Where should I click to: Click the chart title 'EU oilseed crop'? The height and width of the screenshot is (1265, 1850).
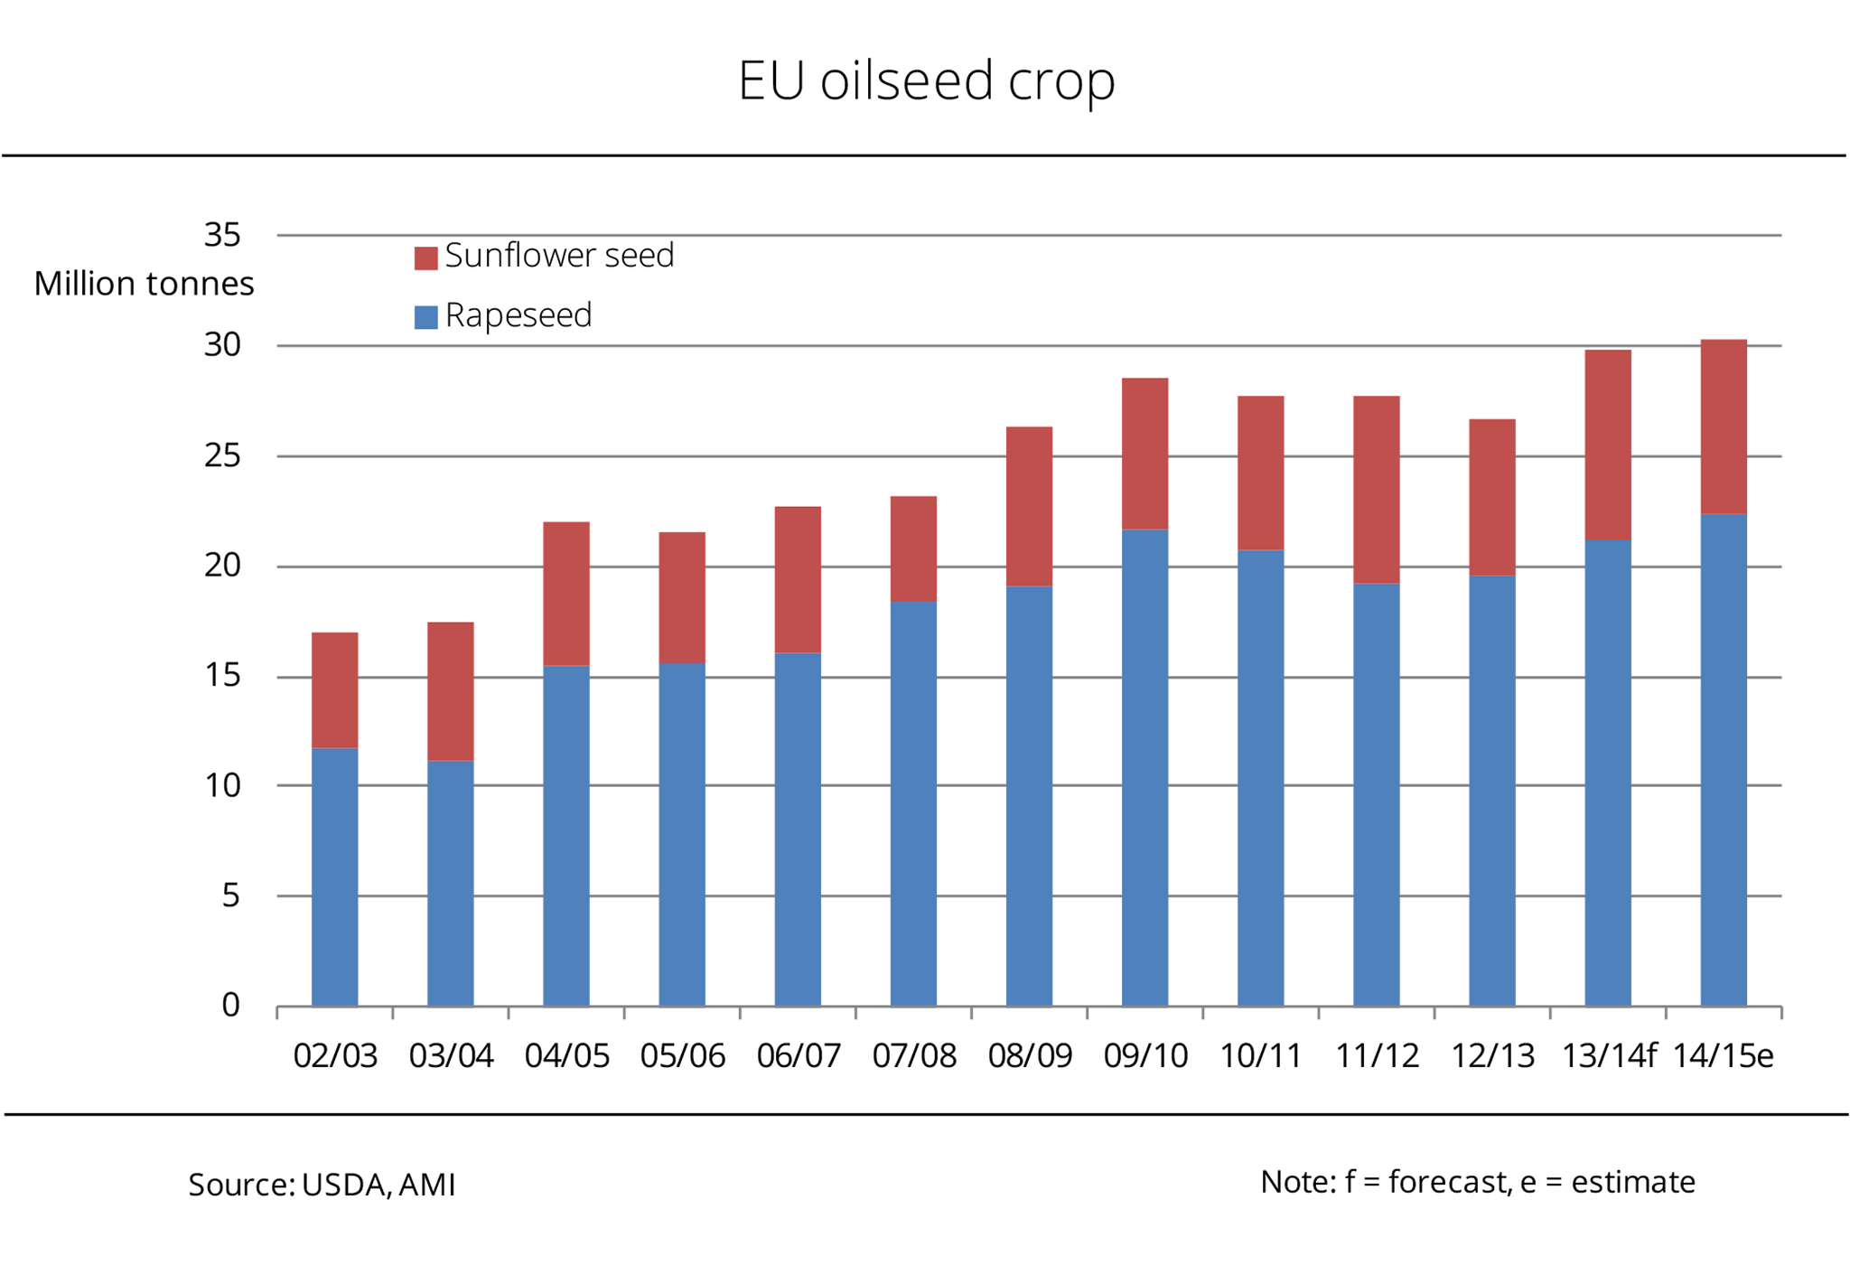(x=926, y=81)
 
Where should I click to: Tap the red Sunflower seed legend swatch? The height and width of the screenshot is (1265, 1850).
(x=425, y=258)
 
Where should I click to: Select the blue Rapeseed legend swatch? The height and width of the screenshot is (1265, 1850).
(x=425, y=317)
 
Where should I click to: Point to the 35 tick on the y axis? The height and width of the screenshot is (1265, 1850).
(x=222, y=235)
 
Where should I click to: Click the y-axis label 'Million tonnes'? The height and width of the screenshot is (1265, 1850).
(x=144, y=284)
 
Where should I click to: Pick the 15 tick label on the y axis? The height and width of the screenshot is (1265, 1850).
(x=222, y=675)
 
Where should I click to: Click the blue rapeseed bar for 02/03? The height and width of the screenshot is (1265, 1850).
(x=334, y=876)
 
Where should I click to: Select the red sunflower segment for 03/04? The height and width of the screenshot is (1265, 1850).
(x=450, y=691)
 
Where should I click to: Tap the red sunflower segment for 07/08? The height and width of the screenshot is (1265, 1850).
(x=913, y=548)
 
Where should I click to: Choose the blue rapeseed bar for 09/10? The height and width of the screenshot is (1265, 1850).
(x=1145, y=768)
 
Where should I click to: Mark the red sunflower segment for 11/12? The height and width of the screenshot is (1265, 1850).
(x=1376, y=490)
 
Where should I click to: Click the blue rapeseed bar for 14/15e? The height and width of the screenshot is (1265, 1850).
(x=1724, y=759)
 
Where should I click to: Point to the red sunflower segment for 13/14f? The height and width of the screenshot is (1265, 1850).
(x=1608, y=445)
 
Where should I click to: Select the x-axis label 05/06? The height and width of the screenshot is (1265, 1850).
(x=682, y=1055)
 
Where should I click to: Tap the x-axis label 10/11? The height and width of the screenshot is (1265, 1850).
(x=1260, y=1055)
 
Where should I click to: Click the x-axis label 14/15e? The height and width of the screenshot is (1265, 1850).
(x=1723, y=1055)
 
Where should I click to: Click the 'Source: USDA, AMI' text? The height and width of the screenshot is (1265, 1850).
(x=322, y=1185)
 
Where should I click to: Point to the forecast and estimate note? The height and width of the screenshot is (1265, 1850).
(x=1477, y=1182)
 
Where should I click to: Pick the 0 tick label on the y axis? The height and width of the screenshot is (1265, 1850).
(x=230, y=1005)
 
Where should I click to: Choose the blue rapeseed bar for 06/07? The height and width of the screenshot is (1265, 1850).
(x=798, y=829)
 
